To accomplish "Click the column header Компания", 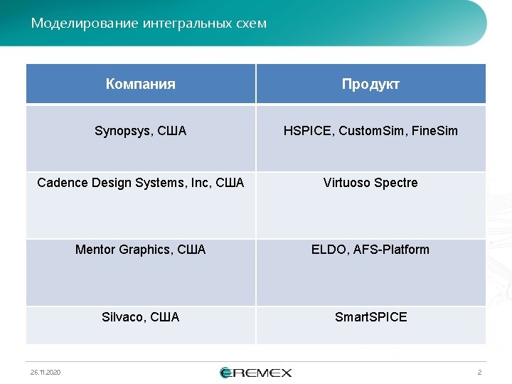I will [140, 84].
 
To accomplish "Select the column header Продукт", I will [370, 84].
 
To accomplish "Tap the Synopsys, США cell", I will [141, 131].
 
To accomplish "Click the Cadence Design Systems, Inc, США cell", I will [141, 183].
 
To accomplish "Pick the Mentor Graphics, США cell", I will [141, 250].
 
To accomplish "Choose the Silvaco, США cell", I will [141, 317].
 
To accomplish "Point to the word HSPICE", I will [308, 131].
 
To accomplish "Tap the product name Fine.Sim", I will [434, 131].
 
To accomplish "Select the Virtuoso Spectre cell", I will [370, 183].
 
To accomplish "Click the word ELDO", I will [329, 250].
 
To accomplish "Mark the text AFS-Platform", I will [391, 250].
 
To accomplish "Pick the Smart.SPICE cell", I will [370, 317].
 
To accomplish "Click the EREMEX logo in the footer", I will [256, 373].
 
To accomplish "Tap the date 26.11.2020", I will [46, 373].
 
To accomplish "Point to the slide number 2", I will [479, 373].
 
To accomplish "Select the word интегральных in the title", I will [186, 23].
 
